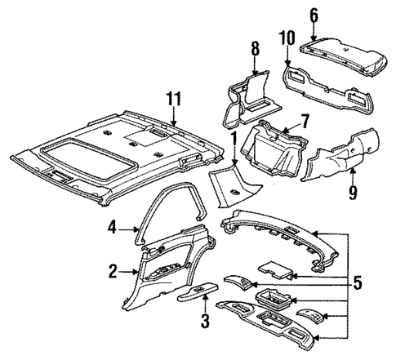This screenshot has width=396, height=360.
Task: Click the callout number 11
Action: pyautogui.click(x=172, y=100)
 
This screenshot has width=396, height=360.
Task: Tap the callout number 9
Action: pyautogui.click(x=352, y=192)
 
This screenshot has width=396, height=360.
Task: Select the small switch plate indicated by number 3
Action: pyautogui.click(x=202, y=291)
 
